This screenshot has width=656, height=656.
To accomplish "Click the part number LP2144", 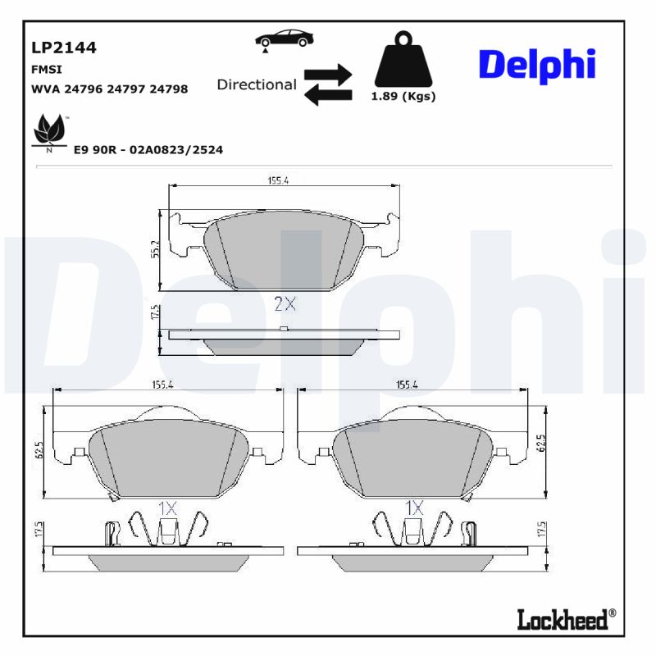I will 64,48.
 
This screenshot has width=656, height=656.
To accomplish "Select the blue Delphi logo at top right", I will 536,65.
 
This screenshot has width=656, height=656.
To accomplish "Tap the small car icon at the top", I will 283,39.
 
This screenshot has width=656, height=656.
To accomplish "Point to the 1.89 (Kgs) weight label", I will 403,96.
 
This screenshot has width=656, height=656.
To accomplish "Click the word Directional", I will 257,84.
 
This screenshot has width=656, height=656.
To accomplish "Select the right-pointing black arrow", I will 328,74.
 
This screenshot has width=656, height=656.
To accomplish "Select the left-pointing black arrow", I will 328,95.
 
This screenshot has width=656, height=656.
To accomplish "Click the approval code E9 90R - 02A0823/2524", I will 148,150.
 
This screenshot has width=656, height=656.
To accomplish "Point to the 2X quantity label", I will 284,303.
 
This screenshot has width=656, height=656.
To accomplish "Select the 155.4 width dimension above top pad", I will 277,180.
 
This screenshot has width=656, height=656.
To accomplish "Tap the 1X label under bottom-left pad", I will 167,508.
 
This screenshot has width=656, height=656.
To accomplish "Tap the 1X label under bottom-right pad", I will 413,508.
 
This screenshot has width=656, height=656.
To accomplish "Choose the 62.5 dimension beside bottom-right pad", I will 541,444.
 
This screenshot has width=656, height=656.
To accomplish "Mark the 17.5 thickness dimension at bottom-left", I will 39,530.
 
